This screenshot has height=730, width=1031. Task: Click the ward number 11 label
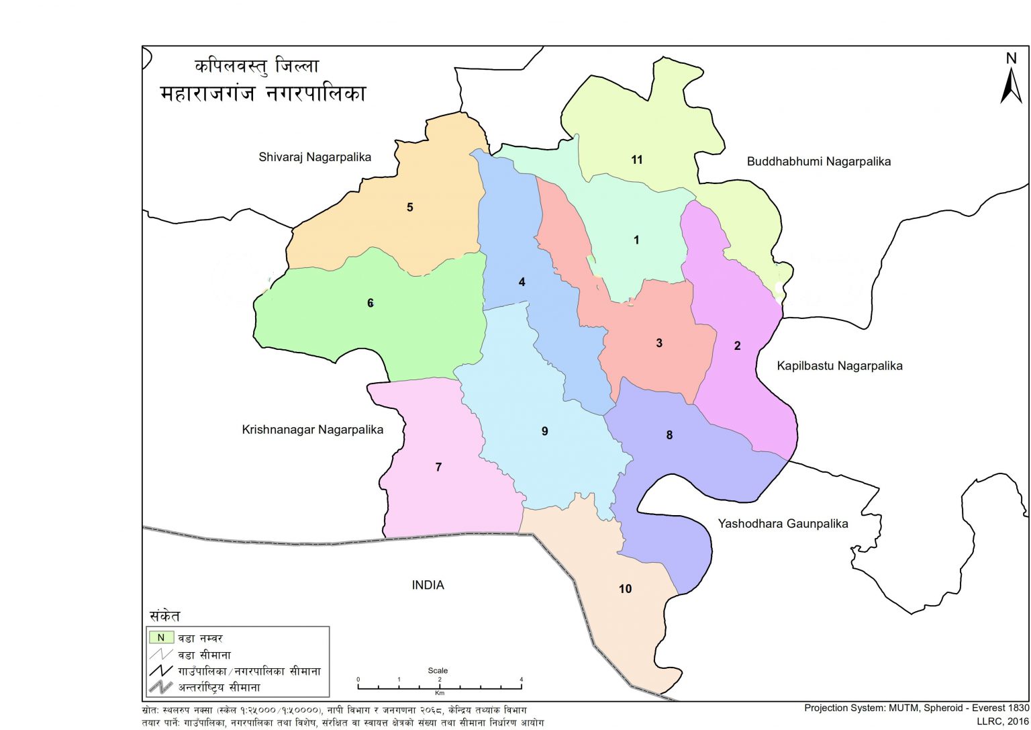tap(636, 160)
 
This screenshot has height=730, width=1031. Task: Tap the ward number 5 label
tap(409, 207)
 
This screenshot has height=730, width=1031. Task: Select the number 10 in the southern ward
tap(625, 589)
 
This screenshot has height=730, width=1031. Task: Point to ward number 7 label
tap(438, 467)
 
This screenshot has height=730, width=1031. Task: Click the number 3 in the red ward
tap(658, 343)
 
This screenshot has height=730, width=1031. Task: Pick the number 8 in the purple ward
tap(669, 435)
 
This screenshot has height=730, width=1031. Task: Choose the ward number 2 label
tap(737, 346)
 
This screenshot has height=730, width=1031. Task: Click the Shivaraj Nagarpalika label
tap(315, 157)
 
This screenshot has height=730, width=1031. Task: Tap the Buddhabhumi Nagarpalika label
tap(818, 161)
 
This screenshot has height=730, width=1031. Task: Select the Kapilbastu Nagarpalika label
tap(839, 366)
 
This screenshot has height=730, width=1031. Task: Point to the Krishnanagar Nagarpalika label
tap(312, 430)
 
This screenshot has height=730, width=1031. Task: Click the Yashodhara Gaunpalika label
tap(783, 524)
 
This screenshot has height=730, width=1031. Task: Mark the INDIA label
tap(428, 585)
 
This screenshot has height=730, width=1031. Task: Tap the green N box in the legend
tap(161, 637)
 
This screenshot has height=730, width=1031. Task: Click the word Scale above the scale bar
tap(438, 670)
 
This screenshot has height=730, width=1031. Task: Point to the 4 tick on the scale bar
tap(522, 680)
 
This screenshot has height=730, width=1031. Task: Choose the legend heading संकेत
tap(164, 616)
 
